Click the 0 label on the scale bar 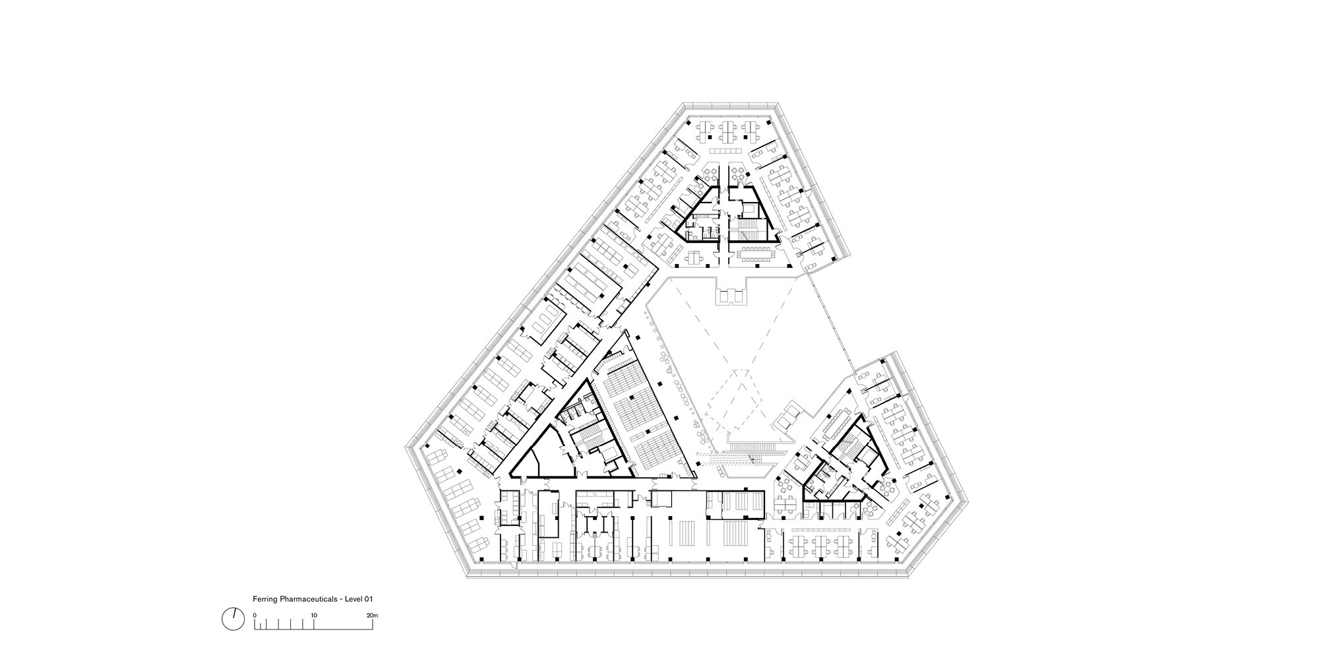pyautogui.click(x=255, y=615)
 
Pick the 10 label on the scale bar pyautogui.click(x=314, y=615)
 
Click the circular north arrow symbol pyautogui.click(x=232, y=618)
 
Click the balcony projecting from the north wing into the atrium pyautogui.click(x=732, y=293)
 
